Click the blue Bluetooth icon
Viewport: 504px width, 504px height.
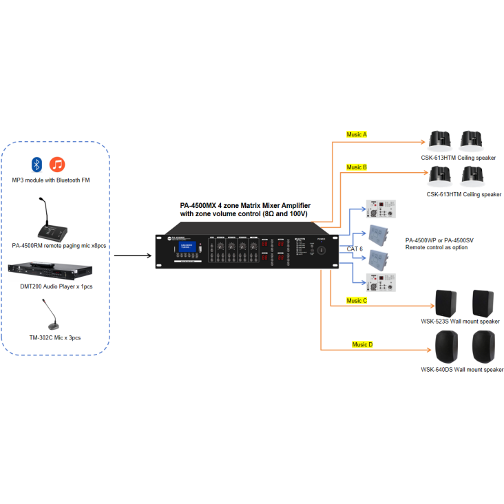(x=37, y=165)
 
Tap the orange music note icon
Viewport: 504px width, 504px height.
(x=57, y=165)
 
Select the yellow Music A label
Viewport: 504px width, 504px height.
(x=356, y=134)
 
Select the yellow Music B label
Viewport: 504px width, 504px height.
(x=356, y=167)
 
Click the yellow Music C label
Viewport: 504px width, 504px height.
(x=357, y=300)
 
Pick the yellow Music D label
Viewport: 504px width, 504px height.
(x=362, y=344)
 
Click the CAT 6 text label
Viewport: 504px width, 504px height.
(x=355, y=248)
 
